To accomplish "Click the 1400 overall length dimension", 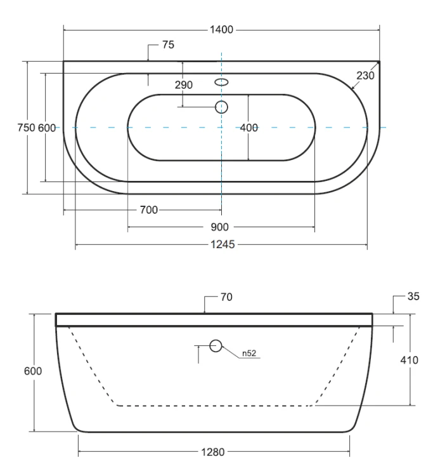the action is coord(221,30).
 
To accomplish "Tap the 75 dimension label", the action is coord(168,44).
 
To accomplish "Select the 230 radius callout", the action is coord(365,76).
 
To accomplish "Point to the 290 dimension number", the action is coord(183,84).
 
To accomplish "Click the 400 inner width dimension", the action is coord(249,128).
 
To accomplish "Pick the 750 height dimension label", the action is coord(27,128).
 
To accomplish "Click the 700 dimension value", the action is coord(149,210).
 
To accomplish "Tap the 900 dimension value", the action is coord(219,227).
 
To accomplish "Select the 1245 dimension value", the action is coord(223,244).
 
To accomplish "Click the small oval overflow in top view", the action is coord(222,82).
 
